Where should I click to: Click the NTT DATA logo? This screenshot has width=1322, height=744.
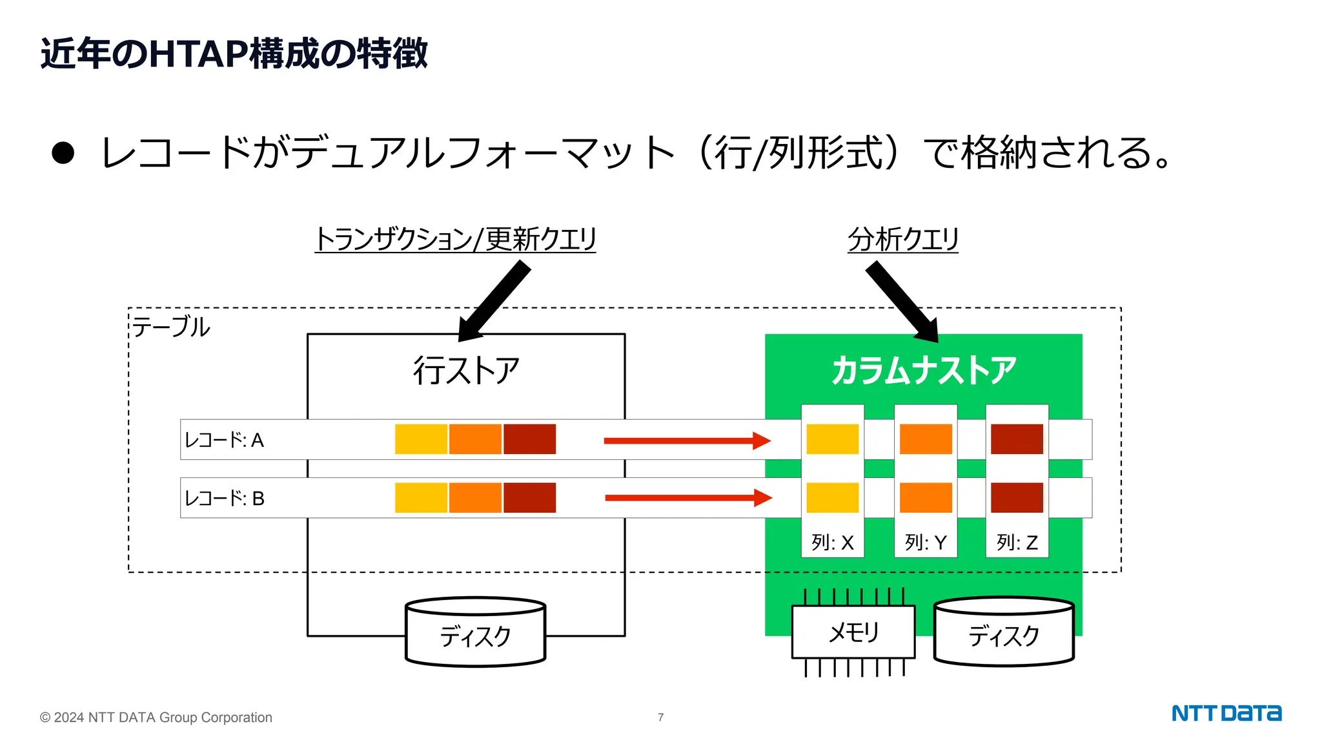(x=1226, y=713)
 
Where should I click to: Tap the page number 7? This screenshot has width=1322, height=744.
(x=660, y=717)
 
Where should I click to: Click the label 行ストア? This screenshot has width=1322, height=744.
(x=466, y=371)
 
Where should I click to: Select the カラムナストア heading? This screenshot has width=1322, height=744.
(x=924, y=371)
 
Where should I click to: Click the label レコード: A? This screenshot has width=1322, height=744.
(x=224, y=440)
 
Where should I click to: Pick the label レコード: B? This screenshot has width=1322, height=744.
(x=224, y=499)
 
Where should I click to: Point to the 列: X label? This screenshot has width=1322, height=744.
(x=832, y=542)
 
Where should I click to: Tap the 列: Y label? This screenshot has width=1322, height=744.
(x=925, y=542)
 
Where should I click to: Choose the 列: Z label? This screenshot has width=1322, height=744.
(x=1017, y=542)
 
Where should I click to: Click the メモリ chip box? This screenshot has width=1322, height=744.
(x=853, y=632)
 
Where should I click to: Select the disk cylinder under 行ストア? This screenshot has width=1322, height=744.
(x=475, y=633)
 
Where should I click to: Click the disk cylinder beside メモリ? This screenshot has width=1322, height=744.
(x=1004, y=633)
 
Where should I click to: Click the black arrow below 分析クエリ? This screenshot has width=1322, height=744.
(x=903, y=302)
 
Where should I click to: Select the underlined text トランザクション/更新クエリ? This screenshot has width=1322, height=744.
(x=455, y=239)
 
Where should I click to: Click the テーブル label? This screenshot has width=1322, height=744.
(x=171, y=327)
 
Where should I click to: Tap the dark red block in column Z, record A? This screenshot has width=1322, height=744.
(x=1017, y=439)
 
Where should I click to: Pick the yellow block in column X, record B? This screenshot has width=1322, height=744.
(x=832, y=498)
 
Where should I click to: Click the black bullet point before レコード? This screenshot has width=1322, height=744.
(x=63, y=153)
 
